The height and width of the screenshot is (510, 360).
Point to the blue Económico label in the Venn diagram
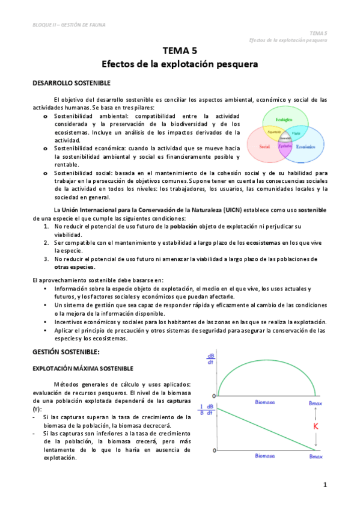coord(305,146)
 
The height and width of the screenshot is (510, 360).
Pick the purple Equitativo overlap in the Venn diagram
coord(285,146)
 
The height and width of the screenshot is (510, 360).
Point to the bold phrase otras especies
coord(75,266)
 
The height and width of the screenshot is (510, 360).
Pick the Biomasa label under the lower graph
coord(265,456)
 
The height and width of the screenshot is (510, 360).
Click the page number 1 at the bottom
coord(325,485)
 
